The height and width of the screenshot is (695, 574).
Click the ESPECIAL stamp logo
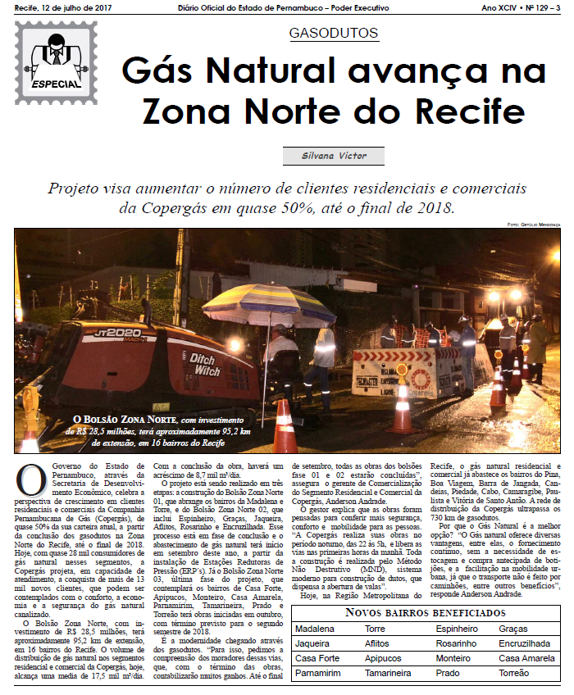click(57, 57)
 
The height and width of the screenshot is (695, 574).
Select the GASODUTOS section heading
click(334, 34)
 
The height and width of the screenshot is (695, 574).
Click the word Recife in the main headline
click(444, 109)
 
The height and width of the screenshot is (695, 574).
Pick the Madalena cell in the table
click(315, 629)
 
